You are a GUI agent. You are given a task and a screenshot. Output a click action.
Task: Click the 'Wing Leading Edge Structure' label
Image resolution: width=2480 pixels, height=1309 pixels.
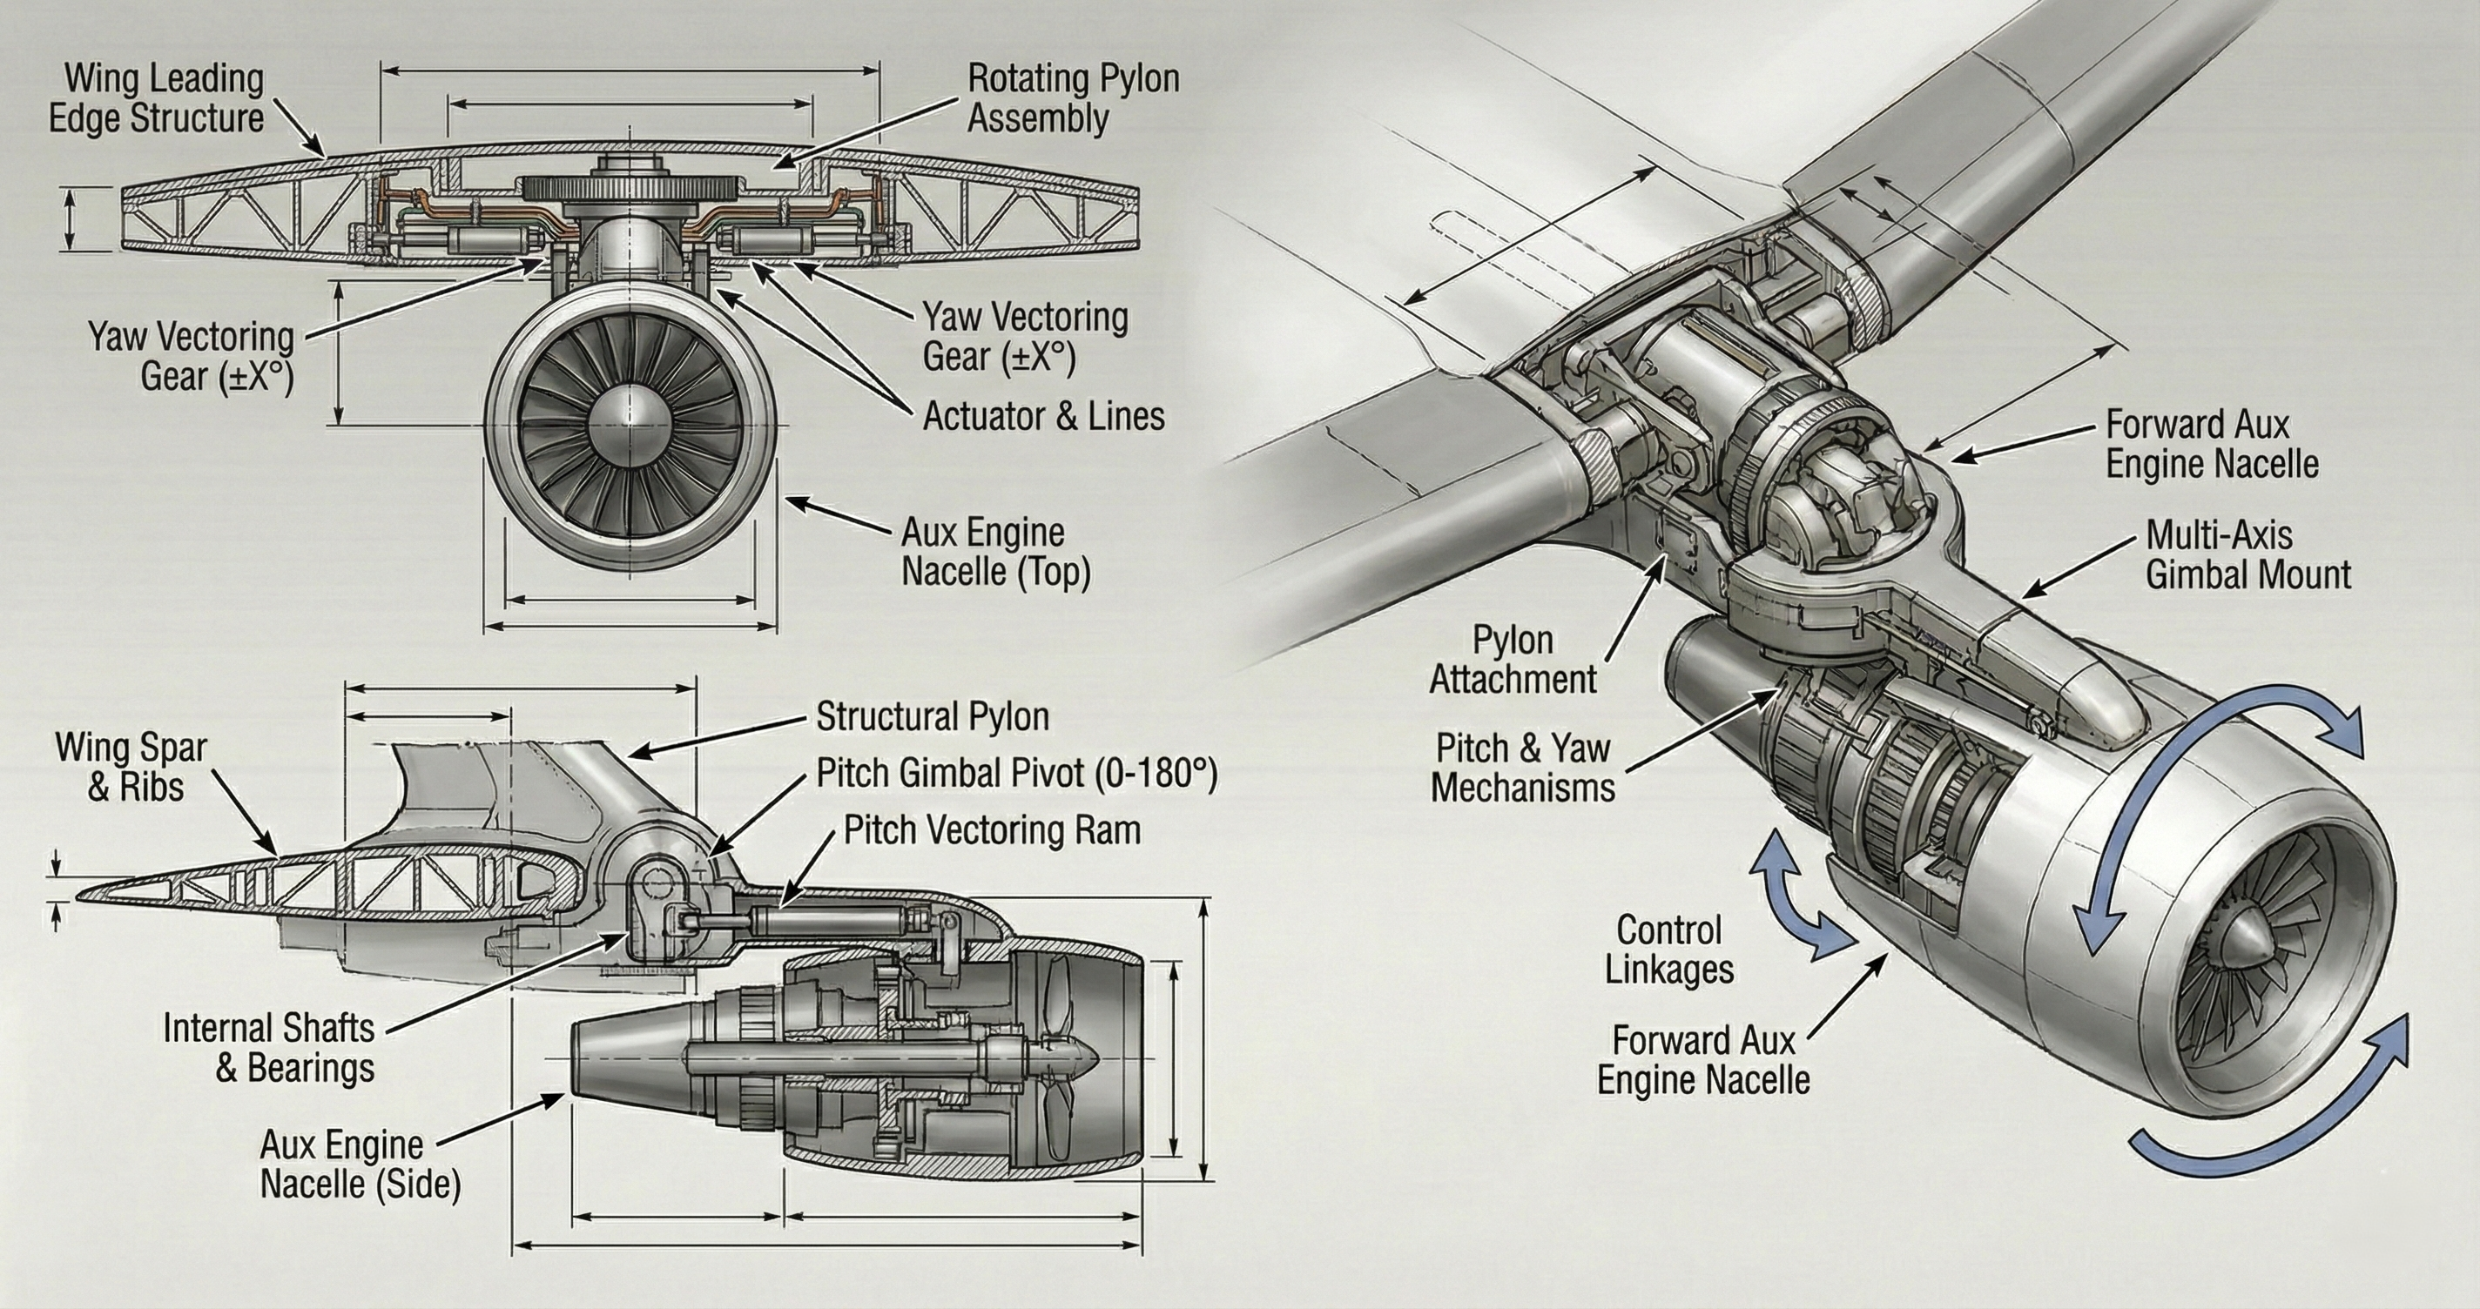(x=156, y=99)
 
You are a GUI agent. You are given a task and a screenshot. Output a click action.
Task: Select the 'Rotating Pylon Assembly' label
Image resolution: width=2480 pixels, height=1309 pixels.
(x=1073, y=99)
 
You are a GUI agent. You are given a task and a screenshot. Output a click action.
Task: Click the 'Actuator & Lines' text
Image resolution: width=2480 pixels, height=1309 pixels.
(x=1043, y=417)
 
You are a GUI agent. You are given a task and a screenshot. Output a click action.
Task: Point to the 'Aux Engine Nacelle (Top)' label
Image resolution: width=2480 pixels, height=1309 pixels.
(x=995, y=552)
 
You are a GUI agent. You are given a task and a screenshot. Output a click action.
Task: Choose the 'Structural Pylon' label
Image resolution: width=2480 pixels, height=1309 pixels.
(x=932, y=717)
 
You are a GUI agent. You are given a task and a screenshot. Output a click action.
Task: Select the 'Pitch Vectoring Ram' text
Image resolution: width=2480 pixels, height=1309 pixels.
(x=992, y=829)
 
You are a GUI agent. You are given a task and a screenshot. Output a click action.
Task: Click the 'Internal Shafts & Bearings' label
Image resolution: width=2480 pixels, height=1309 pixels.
(x=268, y=1047)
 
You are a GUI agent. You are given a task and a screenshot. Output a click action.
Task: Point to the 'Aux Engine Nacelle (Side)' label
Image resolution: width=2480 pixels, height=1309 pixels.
(x=360, y=1165)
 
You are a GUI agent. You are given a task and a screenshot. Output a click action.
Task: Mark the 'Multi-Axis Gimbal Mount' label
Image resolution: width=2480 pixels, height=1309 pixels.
(x=2248, y=555)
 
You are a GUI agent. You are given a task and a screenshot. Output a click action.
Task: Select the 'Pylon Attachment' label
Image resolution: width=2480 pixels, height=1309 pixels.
(x=1513, y=660)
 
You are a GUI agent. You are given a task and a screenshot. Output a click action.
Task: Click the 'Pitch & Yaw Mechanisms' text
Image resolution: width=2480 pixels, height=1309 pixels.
(x=1523, y=767)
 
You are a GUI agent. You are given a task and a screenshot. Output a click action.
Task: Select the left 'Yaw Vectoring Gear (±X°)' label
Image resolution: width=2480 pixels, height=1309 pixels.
(x=192, y=356)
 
